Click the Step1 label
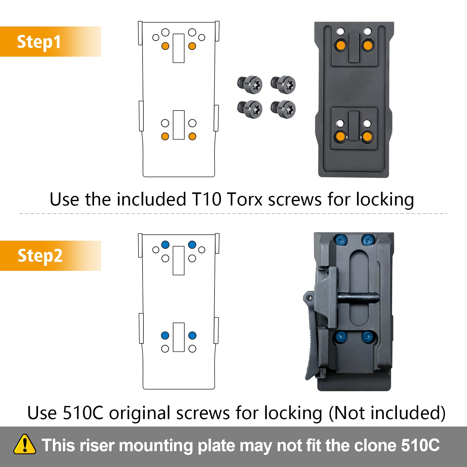pos(39,42)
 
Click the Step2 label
pos(40,256)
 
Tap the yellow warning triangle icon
pos(25,444)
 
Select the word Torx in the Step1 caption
pos(245,199)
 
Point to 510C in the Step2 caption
pos(83,413)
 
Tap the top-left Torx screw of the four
pos(250,84)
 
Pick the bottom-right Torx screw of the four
pos(283,109)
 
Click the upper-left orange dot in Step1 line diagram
pos(165,46)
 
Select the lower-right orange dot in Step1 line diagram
pos(192,136)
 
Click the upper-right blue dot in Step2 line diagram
pos(192,245)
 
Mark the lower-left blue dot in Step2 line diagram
pos(165,335)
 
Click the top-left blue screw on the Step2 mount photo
pos(341,240)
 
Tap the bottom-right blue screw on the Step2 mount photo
pos(368,337)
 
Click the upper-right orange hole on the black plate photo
pos(368,45)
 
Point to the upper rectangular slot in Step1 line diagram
pos(178,48)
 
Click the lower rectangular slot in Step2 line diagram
pos(179,337)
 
